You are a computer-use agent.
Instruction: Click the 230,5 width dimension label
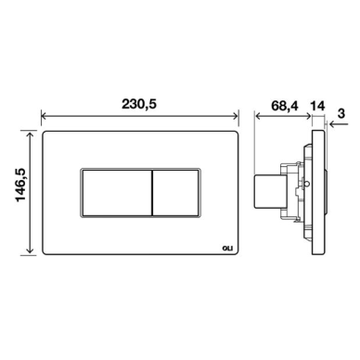(x=139, y=104)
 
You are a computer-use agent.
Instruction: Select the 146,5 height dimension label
(x=20, y=186)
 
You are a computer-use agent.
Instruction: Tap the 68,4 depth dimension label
(x=285, y=106)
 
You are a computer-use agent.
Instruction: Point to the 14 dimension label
(x=317, y=106)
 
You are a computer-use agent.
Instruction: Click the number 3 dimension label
(x=341, y=113)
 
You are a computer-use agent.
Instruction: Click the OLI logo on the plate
(x=228, y=248)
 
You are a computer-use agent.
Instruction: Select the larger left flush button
(x=117, y=192)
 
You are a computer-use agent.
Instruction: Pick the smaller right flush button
(x=175, y=192)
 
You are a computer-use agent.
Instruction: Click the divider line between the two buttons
(x=152, y=192)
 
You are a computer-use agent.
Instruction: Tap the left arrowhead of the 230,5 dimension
(x=44, y=116)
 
